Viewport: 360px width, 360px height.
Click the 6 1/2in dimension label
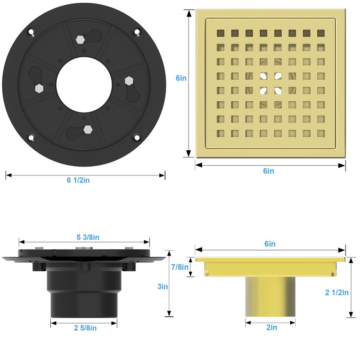point(78,180)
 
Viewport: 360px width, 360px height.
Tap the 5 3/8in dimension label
point(88,237)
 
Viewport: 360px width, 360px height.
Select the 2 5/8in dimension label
point(85,328)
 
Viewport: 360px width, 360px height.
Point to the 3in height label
point(162,287)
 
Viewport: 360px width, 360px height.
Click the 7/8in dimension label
point(180,267)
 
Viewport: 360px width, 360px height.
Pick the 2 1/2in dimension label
point(337,292)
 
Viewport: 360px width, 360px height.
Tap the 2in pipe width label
point(272,328)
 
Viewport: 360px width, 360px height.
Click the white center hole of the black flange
point(84,85)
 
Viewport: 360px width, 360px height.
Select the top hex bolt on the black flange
point(80,40)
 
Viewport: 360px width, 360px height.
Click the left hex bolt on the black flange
point(39,88)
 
